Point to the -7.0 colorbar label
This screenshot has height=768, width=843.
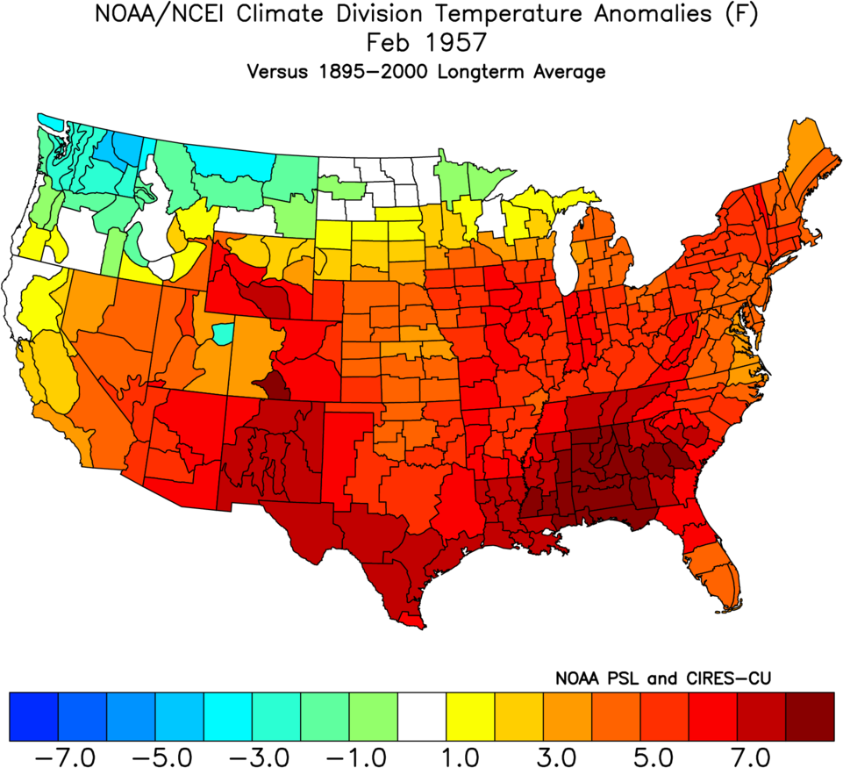pyautogui.click(x=69, y=754)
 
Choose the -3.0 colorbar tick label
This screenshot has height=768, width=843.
pyautogui.click(x=263, y=754)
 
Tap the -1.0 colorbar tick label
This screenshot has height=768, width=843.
pyautogui.click(x=361, y=754)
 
